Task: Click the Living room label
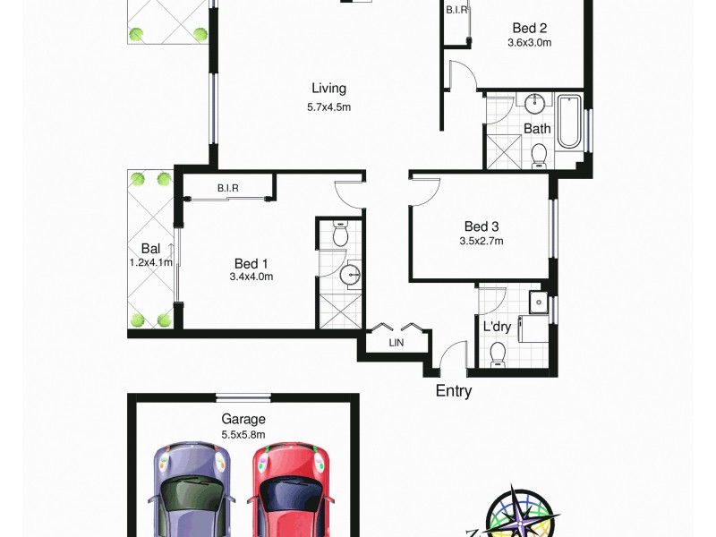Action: click(x=328, y=89)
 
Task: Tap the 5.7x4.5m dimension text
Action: click(x=328, y=107)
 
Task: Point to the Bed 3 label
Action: click(x=481, y=226)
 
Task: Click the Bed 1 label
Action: click(x=251, y=263)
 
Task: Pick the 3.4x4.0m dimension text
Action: click(x=251, y=277)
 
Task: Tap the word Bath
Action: click(x=537, y=129)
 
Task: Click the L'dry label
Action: click(x=497, y=327)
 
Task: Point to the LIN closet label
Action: click(x=396, y=343)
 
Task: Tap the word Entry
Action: click(x=453, y=391)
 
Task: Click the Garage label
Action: click(x=243, y=419)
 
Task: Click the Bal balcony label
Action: click(x=150, y=248)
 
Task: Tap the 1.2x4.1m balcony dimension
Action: click(x=150, y=263)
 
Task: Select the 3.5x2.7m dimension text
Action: click(x=481, y=241)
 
